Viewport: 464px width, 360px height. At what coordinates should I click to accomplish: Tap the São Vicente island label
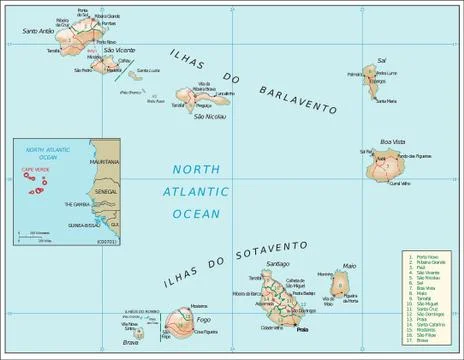(x=119, y=49)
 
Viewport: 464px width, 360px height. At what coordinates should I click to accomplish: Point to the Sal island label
(x=382, y=61)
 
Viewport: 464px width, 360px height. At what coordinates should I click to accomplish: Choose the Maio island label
(x=349, y=266)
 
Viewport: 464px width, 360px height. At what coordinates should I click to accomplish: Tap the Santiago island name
(x=278, y=263)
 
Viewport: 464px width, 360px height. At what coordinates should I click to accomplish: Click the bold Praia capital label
(x=304, y=328)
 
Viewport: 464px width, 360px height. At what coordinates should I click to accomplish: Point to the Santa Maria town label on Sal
(x=384, y=101)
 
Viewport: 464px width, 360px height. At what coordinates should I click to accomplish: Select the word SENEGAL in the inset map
(x=104, y=189)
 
